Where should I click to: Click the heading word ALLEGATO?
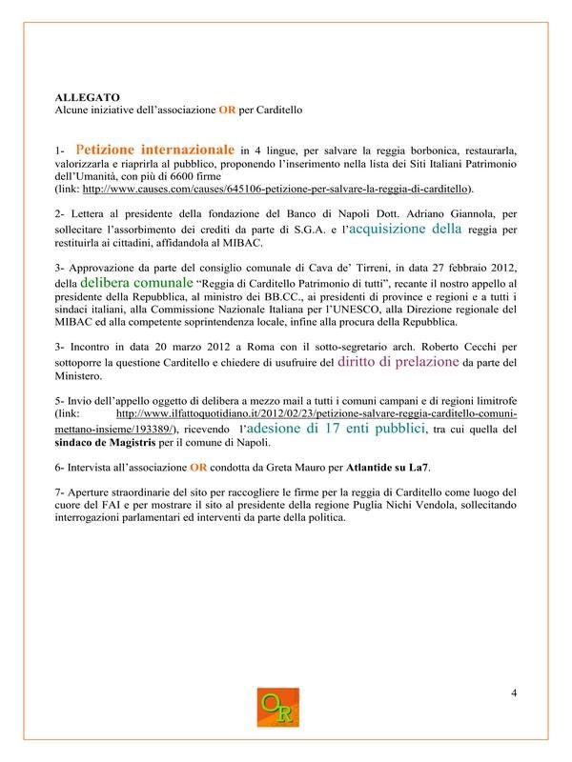[88, 97]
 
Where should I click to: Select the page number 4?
[514, 692]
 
